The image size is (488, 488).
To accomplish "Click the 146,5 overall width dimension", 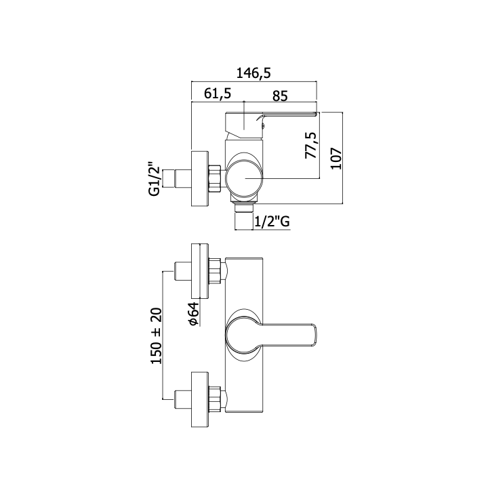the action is point(253,73).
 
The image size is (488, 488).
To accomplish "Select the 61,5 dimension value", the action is point(218,93).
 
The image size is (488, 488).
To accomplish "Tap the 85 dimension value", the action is point(280,96).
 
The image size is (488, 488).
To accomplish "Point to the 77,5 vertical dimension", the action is point(311,145).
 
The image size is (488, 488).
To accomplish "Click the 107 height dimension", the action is point(336,159).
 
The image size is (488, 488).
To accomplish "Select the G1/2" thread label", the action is point(155,179).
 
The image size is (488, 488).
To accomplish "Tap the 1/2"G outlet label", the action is point(272,222).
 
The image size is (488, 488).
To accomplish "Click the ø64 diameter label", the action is point(193,314).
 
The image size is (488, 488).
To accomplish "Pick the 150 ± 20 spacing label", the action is point(157,335).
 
